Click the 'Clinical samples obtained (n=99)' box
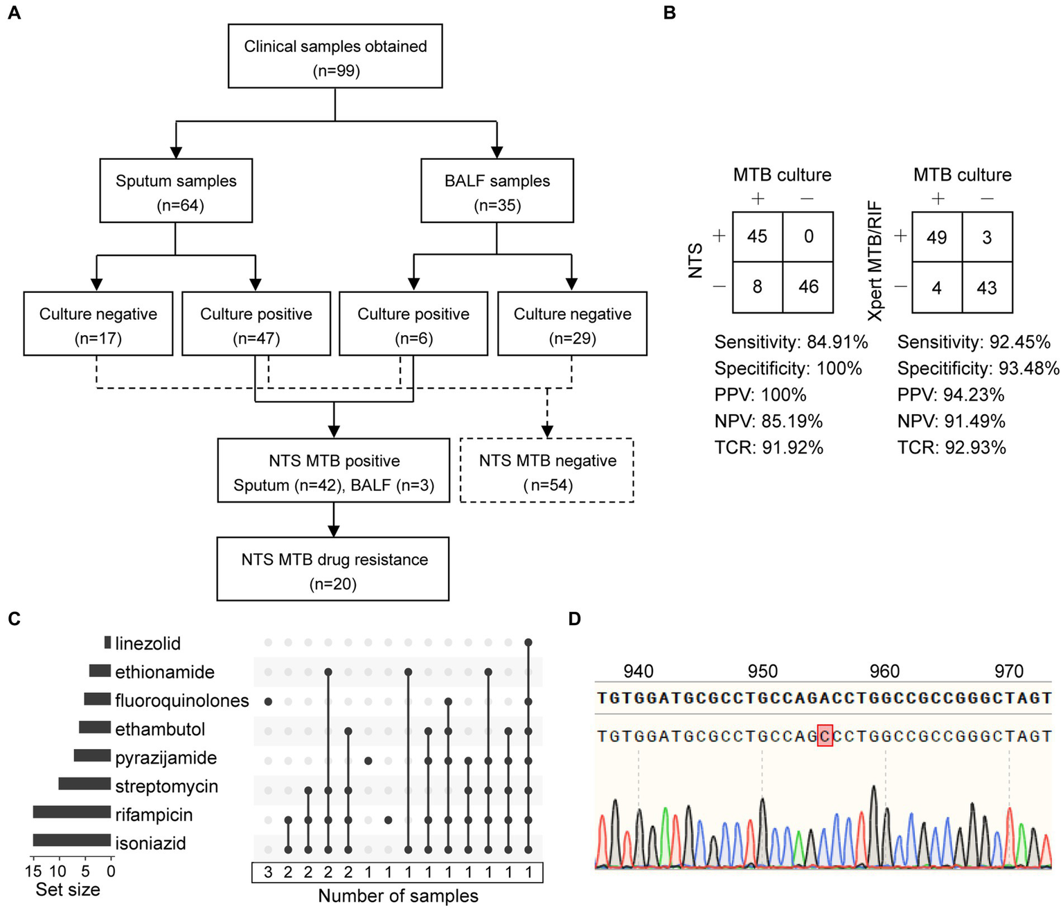tap(335, 57)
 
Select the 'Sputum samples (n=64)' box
tap(176, 191)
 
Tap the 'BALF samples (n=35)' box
tap(497, 191)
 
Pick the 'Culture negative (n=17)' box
tap(98, 324)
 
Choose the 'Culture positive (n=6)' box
tap(413, 324)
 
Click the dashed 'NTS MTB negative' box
tap(547, 471)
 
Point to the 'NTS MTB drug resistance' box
tap(333, 569)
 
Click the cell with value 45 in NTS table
tap(758, 237)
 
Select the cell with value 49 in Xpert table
tap(937, 237)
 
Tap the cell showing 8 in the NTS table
tap(758, 287)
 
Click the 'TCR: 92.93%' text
tap(952, 448)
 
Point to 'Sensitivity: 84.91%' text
tap(791, 342)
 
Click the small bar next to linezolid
tap(107, 643)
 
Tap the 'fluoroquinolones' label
tap(182, 701)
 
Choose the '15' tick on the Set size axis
tap(33, 871)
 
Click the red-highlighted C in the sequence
tap(825, 735)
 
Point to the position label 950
tap(762, 671)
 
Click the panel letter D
tap(575, 618)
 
